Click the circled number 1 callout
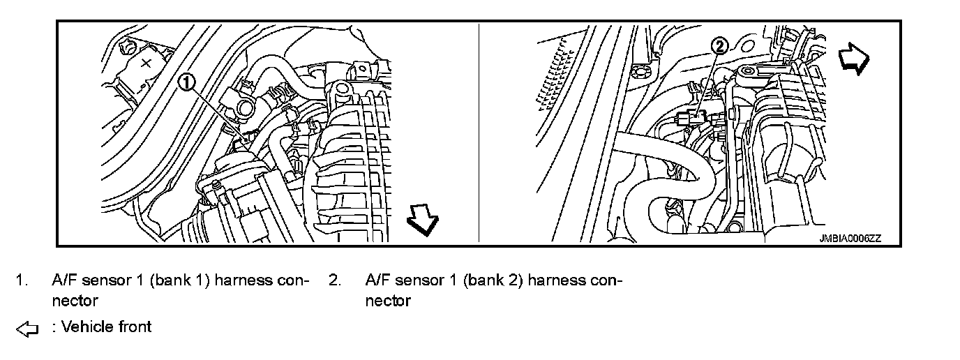pyautogui.click(x=186, y=82)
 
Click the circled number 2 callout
pyautogui.click(x=719, y=47)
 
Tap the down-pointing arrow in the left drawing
pyautogui.click(x=423, y=219)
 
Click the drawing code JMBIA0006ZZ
pyautogui.click(x=850, y=238)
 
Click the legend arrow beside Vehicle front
pyautogui.click(x=26, y=328)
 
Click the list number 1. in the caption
pyautogui.click(x=23, y=280)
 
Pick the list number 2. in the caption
pyautogui.click(x=336, y=280)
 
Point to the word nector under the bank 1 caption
pyautogui.click(x=75, y=301)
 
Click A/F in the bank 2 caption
pyautogui.click(x=377, y=280)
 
